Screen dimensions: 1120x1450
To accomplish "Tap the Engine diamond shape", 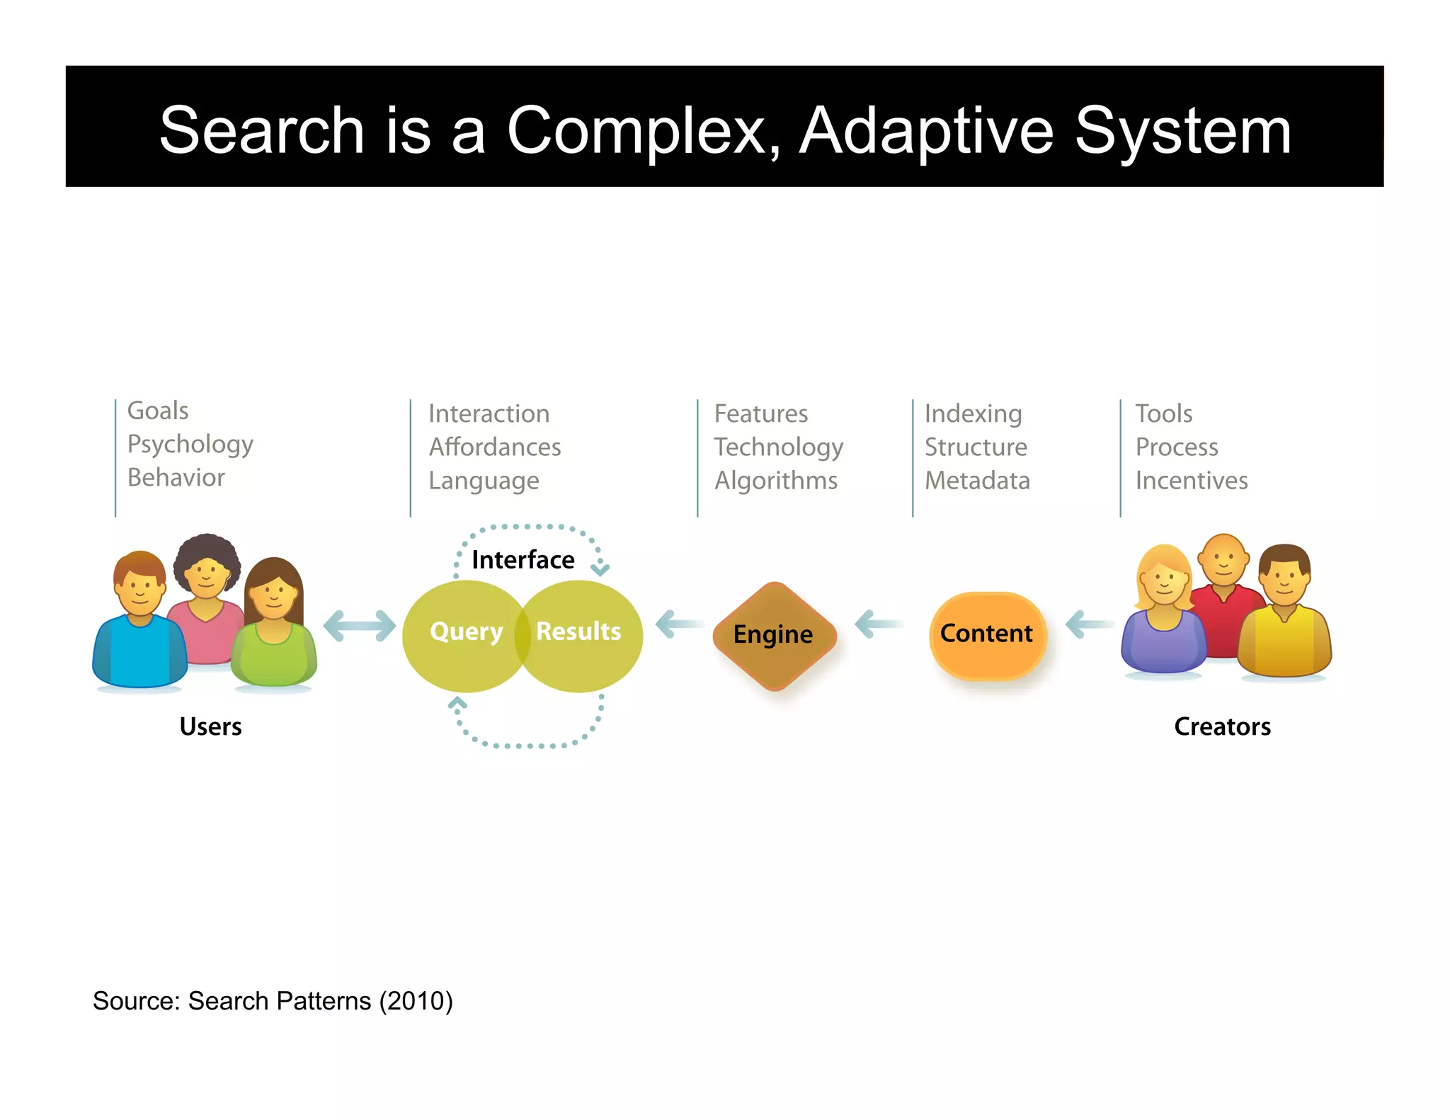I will (774, 635).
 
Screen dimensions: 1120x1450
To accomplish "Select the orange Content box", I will (987, 634).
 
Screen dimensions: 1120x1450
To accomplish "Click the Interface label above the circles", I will (523, 560).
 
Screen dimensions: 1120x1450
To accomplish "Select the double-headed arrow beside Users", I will (359, 626).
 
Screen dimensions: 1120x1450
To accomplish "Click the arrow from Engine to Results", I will (678, 624).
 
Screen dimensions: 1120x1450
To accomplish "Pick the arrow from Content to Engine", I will (878, 624).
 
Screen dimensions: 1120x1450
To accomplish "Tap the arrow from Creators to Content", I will (1089, 624).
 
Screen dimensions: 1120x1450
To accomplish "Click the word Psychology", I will (190, 445).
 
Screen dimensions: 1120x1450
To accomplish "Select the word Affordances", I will (494, 447).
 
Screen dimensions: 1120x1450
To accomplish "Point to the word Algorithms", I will (775, 481).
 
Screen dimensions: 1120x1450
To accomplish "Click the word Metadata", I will (977, 481).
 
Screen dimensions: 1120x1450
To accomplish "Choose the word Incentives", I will (1191, 481).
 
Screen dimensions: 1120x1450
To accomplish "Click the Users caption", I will (210, 727).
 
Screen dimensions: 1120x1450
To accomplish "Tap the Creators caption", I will (1222, 727).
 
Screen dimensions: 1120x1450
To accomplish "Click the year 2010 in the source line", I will (416, 1002).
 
